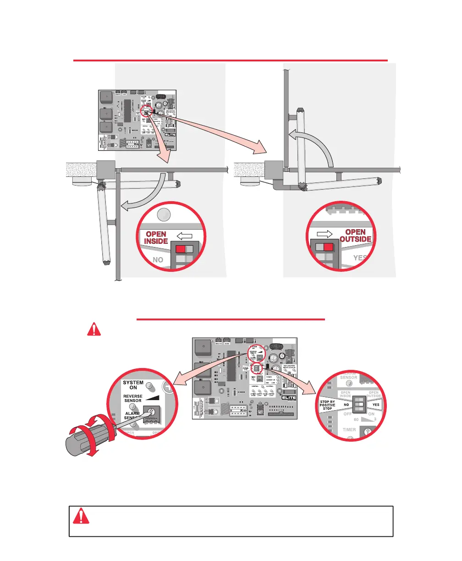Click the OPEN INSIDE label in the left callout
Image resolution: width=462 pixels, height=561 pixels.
pos(156,237)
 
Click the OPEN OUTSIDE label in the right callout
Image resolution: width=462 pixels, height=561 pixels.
pos(355,236)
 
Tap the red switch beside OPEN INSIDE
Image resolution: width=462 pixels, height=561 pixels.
pos(181,249)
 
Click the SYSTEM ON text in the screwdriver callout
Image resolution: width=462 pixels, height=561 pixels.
pos(133,385)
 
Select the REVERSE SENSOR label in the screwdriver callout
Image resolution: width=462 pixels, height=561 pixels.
pos(133,399)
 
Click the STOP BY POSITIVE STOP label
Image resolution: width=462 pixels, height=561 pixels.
pos(327,406)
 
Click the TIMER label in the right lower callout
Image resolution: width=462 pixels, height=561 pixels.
pos(349,430)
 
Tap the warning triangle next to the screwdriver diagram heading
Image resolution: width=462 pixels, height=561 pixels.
pos(94,329)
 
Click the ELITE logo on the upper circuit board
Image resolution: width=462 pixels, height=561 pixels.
pos(169,135)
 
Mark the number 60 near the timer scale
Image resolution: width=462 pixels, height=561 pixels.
pos(356,419)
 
